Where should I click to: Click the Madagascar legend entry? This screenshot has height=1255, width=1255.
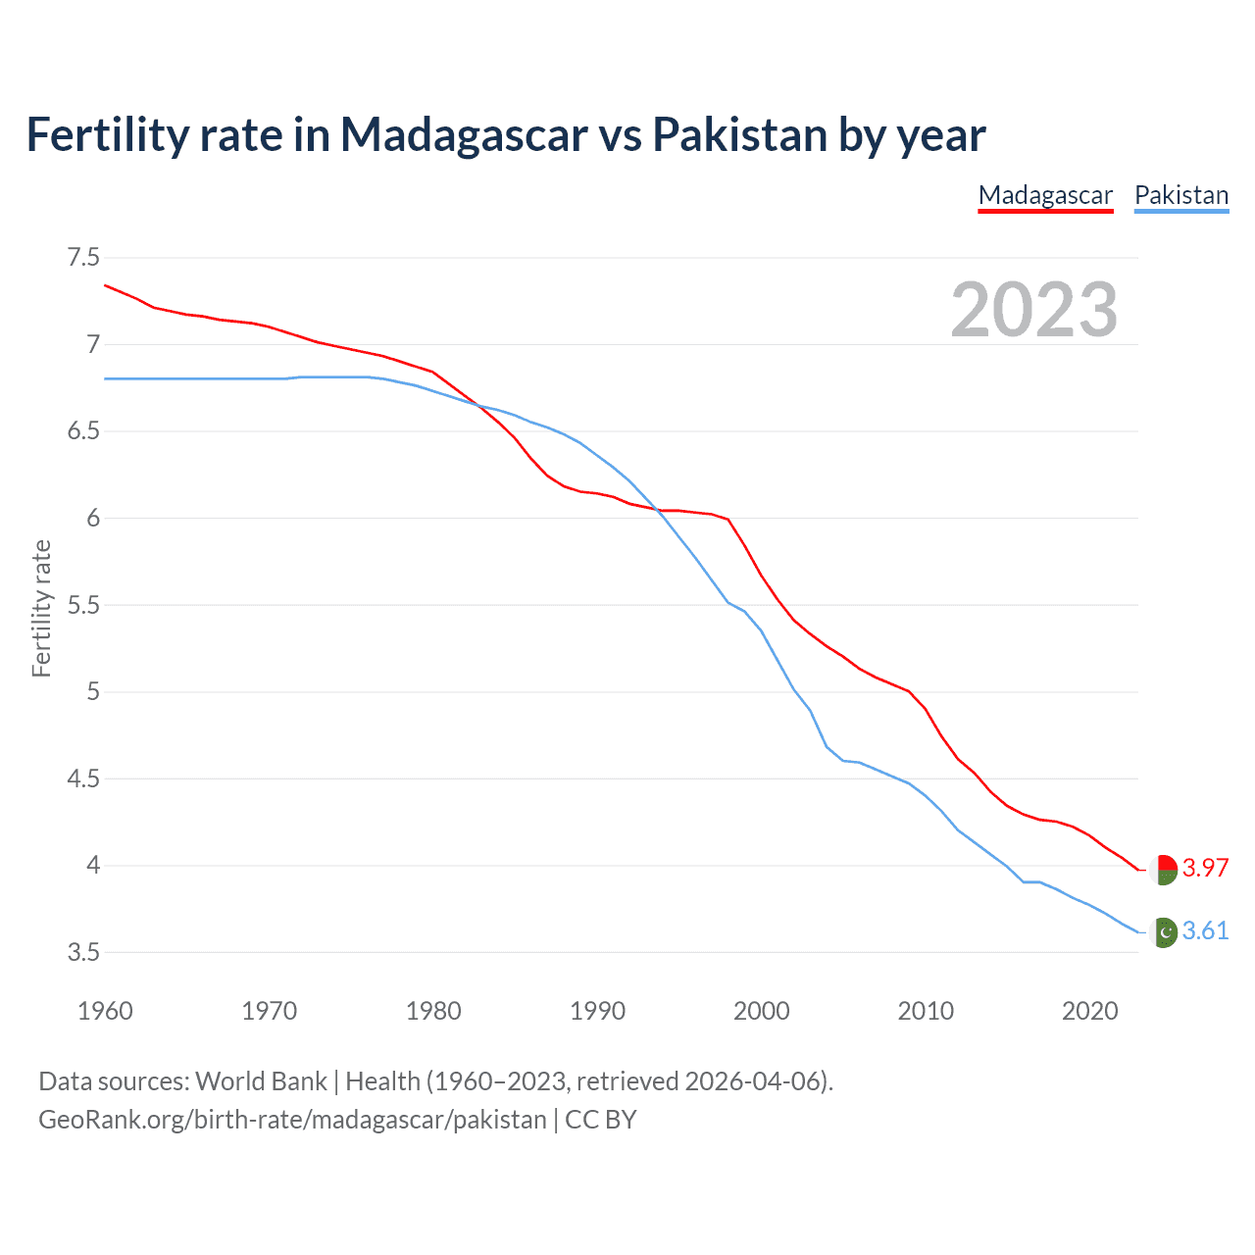pos(1045,195)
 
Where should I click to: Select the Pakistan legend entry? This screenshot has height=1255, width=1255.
pos(1180,195)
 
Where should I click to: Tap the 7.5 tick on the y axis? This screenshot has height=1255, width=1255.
pos(83,258)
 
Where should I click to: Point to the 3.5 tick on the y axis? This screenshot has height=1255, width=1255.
pos(83,952)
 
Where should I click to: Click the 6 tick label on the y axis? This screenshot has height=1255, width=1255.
pos(93,518)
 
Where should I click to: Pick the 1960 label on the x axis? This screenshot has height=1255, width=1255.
pos(105,1011)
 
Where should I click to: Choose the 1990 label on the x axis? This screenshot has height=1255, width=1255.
pos(597,1011)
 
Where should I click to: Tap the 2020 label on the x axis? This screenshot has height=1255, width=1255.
pos(1089,1011)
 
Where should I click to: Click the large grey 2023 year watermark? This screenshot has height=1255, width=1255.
pos(1033,310)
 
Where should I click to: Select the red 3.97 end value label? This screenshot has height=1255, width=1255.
pos(1205,869)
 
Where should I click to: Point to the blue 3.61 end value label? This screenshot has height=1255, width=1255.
pos(1205,931)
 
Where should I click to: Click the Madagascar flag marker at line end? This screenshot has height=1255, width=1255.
pos(1163,870)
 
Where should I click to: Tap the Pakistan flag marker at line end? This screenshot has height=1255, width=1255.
pos(1163,932)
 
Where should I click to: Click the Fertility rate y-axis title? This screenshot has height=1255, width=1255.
pos(41,608)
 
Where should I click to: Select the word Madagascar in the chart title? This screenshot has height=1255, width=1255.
pos(464,134)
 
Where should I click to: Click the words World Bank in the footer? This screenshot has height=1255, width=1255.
pos(261,1081)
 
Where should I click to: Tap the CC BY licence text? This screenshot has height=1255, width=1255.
pos(600,1120)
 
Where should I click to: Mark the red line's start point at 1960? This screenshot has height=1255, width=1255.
pos(106,285)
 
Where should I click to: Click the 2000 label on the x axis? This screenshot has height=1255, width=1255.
pos(761,1011)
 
